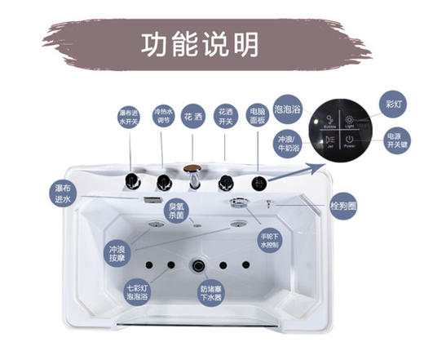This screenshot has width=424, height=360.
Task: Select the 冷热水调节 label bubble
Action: coord(163,116)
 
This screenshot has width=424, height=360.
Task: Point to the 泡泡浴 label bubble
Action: coord(288,107)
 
